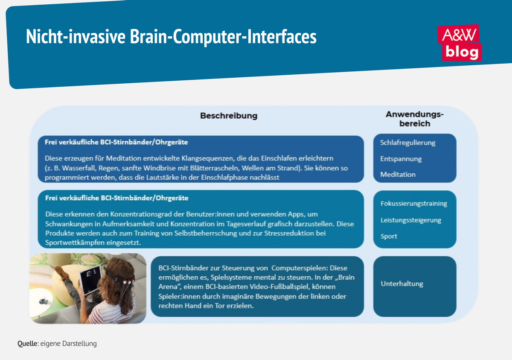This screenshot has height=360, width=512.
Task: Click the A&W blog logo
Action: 460,43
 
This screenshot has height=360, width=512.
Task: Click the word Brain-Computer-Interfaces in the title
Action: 221,37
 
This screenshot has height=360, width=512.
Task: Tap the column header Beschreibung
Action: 229,115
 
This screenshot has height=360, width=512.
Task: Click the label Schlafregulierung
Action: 407,143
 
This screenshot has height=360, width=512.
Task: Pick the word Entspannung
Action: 401,159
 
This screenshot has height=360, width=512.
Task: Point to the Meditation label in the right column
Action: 398,175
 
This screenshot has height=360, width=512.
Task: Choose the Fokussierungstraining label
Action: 413,204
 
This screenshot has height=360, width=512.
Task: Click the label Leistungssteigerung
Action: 410,220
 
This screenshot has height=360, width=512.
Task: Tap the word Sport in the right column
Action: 389,236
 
